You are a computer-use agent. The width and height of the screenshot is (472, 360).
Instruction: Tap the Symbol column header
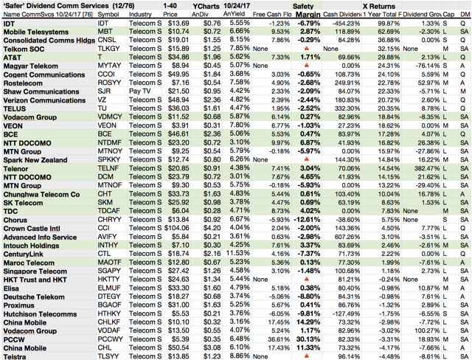pos(108,15)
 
